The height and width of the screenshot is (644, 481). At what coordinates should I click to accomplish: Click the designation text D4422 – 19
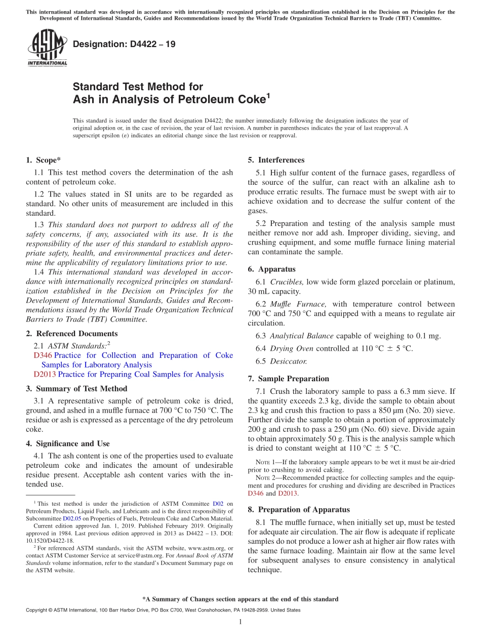tap(124, 45)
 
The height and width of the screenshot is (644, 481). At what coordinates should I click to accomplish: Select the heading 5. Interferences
tap(276, 160)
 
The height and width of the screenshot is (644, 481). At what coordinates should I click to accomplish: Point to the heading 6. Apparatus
tap(271, 269)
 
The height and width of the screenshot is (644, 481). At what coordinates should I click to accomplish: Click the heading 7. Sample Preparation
tap(288, 379)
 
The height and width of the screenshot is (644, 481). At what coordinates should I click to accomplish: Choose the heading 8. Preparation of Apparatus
tap(298, 510)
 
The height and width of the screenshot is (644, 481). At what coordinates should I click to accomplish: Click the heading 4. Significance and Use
tap(67, 444)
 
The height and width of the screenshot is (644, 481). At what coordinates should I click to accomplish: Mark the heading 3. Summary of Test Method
tap(76, 389)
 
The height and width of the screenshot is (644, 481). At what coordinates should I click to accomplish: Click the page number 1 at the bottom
tap(240, 622)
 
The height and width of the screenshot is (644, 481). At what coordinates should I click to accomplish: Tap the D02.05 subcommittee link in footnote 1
tap(71, 518)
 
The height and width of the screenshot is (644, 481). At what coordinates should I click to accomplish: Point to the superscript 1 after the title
tap(268, 95)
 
